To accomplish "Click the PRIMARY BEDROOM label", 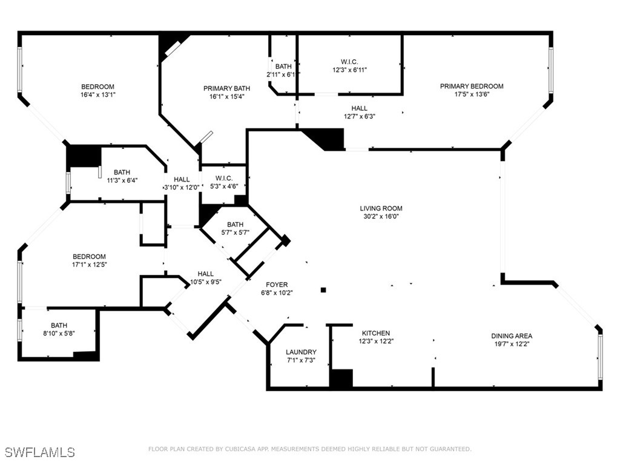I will point(471,86).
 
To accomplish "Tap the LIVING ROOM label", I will point(381,208).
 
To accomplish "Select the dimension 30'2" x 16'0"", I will point(381,216).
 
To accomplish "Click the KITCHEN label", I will point(376,333).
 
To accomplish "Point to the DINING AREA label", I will point(512,336).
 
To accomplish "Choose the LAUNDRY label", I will point(301,352).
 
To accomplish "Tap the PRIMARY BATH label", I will point(226,88).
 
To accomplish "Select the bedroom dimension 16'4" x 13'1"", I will point(97,94).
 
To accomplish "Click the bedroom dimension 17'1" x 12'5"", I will point(89,265).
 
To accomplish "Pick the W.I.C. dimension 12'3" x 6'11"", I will point(349,70).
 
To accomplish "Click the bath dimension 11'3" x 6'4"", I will point(122,180).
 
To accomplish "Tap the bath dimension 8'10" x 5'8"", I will point(59,332).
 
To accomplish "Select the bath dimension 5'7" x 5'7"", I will point(235,232).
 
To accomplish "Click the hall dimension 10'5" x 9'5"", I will point(205,282).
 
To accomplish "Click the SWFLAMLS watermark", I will point(40,452).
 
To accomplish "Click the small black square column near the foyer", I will point(323,290).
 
